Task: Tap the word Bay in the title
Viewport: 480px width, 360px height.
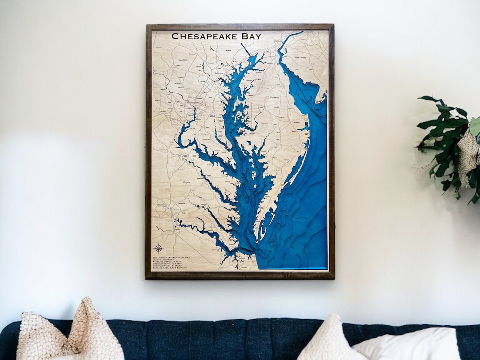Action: point(249,36)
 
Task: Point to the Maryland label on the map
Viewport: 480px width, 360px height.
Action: point(183,60)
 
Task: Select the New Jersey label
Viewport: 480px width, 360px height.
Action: point(301,57)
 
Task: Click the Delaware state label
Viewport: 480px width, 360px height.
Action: point(275,97)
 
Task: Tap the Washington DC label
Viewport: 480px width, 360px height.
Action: point(194,103)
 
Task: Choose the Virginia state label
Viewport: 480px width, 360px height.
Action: point(187,182)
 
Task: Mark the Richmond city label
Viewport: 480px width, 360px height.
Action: point(162,205)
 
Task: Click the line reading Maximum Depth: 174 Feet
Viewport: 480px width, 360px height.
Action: point(169,263)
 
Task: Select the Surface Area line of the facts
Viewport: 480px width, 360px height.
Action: point(169,268)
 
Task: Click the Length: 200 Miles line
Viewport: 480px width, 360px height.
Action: point(165,260)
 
